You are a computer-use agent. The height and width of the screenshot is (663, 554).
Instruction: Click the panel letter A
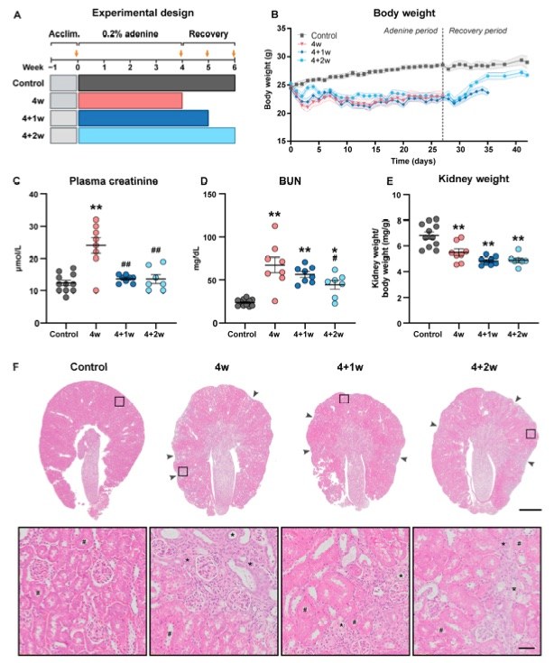(x=18, y=13)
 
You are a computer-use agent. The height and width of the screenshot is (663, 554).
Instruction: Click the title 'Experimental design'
(x=144, y=13)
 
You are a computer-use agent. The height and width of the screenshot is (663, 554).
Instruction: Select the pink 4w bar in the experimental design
(x=130, y=99)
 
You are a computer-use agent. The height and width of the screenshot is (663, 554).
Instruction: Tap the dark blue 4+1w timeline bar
(x=143, y=117)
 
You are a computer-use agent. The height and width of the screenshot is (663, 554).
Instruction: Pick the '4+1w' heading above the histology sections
(x=341, y=368)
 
